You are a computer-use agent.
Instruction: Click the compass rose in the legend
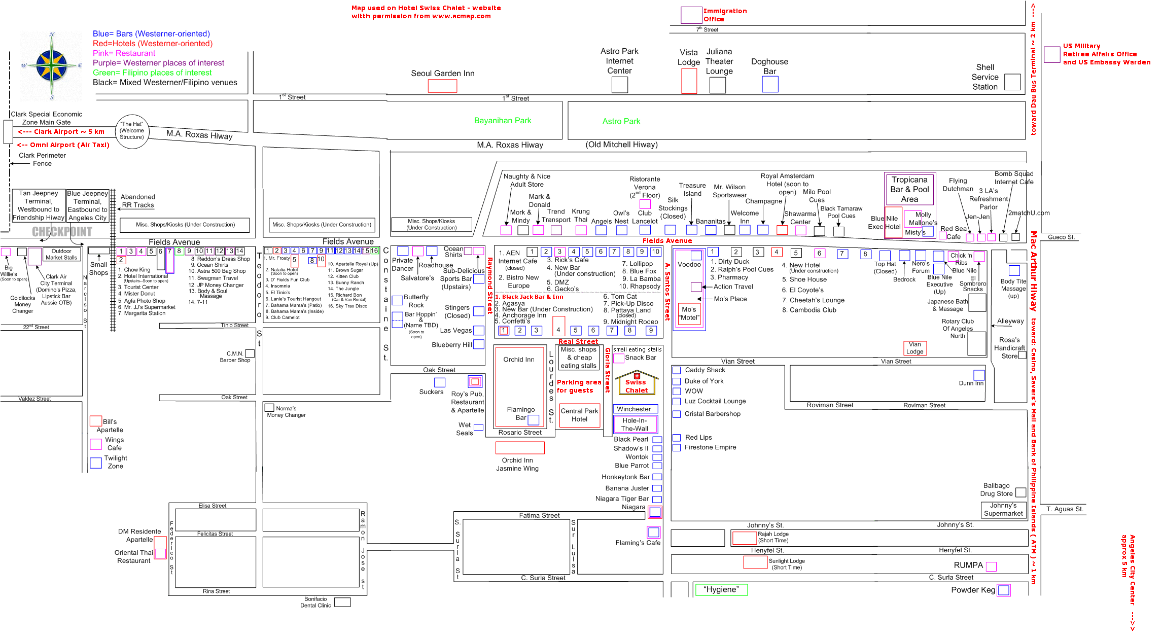point(52,66)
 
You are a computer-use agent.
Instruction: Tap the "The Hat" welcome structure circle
point(132,131)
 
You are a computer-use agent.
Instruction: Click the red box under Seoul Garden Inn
point(442,86)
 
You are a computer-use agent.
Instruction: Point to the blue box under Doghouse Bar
point(770,84)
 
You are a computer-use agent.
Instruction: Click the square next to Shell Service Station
point(1012,82)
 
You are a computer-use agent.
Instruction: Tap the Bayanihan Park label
point(503,121)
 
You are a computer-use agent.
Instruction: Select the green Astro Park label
point(621,121)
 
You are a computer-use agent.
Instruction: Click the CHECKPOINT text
point(62,232)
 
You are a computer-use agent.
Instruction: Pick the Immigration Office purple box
point(691,15)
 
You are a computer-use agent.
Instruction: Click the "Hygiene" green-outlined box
point(721,589)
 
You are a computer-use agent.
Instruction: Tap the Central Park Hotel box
point(579,415)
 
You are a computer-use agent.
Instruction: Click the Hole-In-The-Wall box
point(635,424)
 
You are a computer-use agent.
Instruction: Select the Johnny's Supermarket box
point(1003,509)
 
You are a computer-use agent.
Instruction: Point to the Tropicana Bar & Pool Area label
point(909,189)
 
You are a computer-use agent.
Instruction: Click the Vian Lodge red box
point(915,348)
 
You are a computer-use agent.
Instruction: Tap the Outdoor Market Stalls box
point(61,254)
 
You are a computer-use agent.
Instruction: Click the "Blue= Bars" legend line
point(151,33)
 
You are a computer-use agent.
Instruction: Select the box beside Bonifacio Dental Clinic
point(342,602)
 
